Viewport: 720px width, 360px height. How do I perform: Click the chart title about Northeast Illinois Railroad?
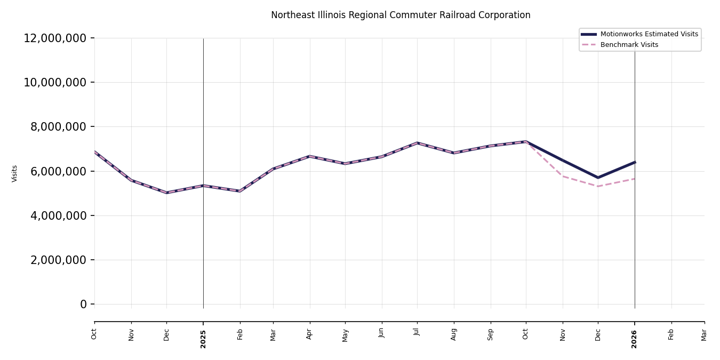(x=401, y=15)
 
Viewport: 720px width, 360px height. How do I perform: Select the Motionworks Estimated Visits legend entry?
(x=649, y=34)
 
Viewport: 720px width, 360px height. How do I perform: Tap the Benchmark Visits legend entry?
(x=629, y=45)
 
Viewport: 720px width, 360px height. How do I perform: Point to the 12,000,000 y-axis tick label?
(x=55, y=38)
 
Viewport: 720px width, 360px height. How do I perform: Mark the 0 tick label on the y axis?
(x=83, y=304)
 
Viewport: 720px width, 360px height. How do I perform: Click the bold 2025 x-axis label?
(x=203, y=339)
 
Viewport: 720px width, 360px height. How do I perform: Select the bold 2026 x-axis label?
(x=635, y=339)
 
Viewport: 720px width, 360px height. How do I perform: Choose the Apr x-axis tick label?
(x=309, y=334)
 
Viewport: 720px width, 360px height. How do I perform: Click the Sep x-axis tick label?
(x=491, y=334)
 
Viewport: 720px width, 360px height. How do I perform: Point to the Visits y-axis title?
(x=15, y=173)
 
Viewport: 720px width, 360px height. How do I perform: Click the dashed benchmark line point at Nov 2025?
(x=563, y=176)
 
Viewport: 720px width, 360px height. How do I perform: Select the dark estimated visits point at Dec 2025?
(x=598, y=178)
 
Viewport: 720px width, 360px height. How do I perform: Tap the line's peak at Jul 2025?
(x=417, y=143)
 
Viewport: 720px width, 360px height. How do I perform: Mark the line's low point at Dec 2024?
(x=166, y=193)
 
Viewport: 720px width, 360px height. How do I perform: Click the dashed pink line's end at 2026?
(x=635, y=179)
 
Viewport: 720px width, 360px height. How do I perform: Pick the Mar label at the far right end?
(x=704, y=334)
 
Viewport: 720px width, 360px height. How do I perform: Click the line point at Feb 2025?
(x=240, y=191)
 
